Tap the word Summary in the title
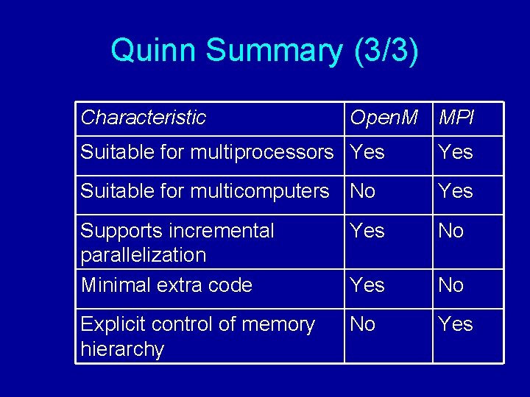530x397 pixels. click(274, 51)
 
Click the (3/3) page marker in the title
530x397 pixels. click(386, 51)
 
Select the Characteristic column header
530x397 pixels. click(143, 117)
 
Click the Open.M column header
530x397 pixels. click(384, 117)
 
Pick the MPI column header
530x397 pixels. click(456, 117)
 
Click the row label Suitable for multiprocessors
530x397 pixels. click(207, 152)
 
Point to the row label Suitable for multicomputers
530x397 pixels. click(205, 191)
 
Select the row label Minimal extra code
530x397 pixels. click(166, 285)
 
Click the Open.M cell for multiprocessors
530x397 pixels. click(367, 152)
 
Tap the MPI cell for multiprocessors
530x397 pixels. click(456, 152)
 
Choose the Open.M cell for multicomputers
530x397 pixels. click(363, 191)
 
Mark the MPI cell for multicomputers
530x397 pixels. click(456, 191)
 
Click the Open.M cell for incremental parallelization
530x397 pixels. click(367, 230)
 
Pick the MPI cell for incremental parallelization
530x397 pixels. click(451, 230)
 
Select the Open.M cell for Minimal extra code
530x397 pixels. click(367, 285)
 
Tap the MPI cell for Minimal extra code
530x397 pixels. click(451, 285)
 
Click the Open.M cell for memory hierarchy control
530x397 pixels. click(363, 323)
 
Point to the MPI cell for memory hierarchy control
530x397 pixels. click(456, 323)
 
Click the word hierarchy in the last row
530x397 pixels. click(122, 348)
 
